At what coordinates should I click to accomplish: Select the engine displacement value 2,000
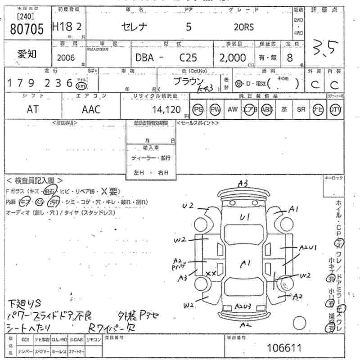[233, 58]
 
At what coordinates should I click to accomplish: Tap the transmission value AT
[32, 109]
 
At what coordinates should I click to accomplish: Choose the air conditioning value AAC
[91, 109]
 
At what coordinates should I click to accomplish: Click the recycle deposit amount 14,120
[167, 109]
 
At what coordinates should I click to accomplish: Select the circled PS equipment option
[198, 109]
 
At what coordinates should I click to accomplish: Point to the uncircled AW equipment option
[232, 109]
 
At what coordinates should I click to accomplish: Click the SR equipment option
[301, 109]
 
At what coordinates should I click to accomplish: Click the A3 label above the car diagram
[243, 183]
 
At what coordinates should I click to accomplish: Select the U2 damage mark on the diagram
[188, 206]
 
